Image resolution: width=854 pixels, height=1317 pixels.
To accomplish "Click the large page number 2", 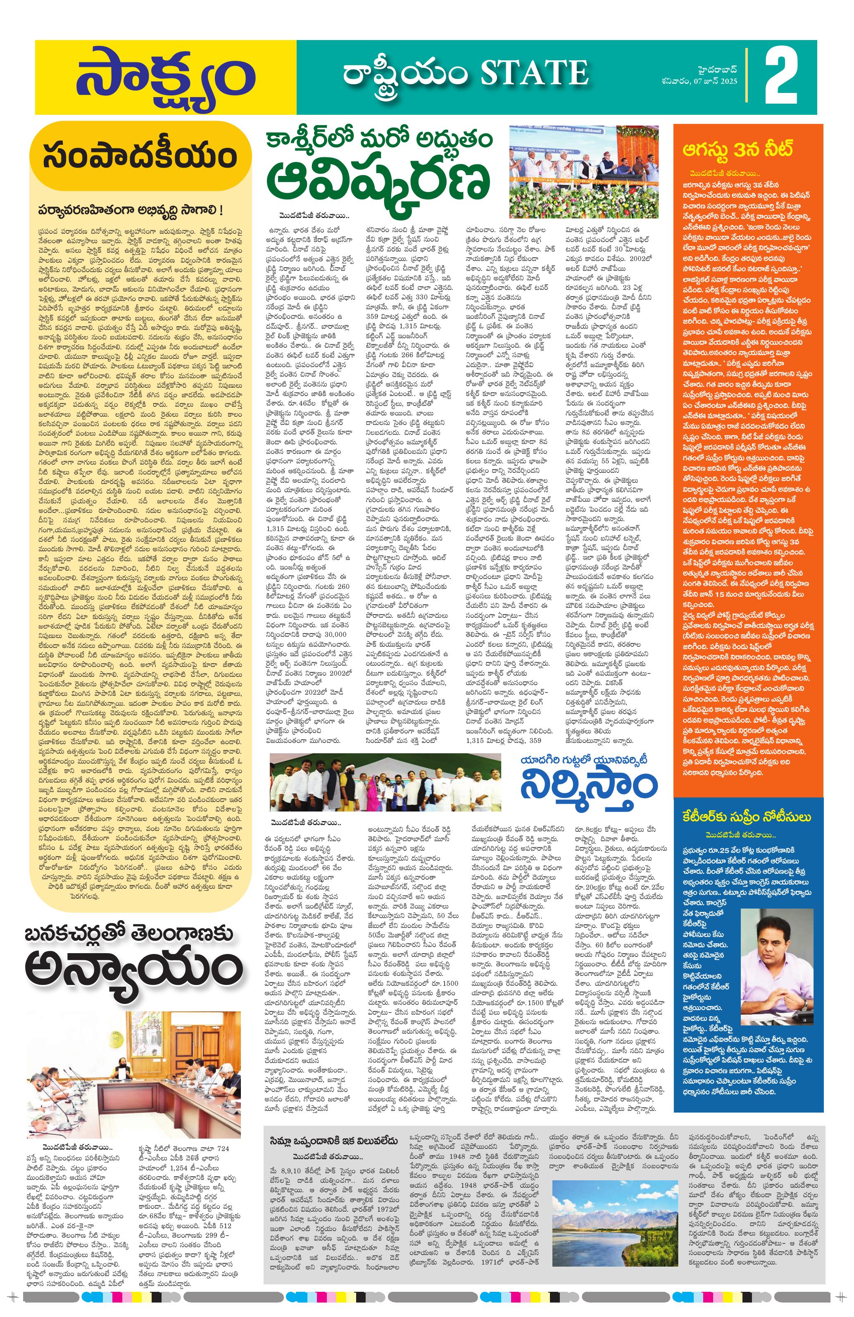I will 782,78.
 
